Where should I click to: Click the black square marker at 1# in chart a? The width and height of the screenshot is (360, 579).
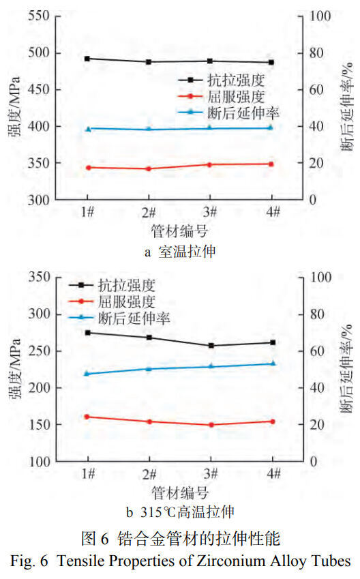pos(87,59)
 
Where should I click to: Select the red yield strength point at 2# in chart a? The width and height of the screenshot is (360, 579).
pos(149,168)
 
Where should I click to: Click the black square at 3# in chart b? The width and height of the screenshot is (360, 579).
pos(211,346)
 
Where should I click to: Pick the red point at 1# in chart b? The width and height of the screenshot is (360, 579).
pos(87,417)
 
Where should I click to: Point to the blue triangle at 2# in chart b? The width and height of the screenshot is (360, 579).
pos(149,368)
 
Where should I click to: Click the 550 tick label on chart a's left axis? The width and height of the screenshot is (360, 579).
pos(39,16)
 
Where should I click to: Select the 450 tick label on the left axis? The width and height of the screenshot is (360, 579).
pos(39,90)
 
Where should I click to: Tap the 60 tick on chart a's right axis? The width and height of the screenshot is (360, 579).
pos(316,90)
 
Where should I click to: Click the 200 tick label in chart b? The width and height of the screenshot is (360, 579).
pos(39,388)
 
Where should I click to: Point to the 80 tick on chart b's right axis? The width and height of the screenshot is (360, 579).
pos(316,314)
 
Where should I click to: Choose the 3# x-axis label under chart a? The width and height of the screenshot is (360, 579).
pos(210,212)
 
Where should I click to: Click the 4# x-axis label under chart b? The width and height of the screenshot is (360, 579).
pos(273,473)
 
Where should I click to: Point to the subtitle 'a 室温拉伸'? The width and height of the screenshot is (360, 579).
pos(180,252)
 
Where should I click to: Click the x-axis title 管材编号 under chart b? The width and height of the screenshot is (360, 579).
pos(180,492)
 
